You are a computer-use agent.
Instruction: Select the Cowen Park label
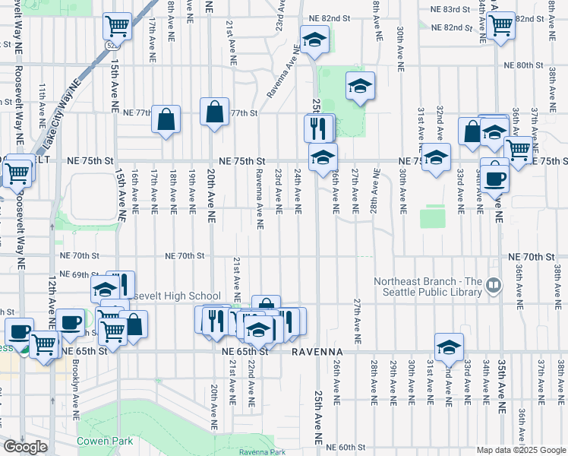(x=104, y=441)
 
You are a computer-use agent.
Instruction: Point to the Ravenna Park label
(x=261, y=451)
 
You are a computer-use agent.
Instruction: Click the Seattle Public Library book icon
(x=494, y=285)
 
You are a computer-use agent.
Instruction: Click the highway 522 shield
(x=111, y=46)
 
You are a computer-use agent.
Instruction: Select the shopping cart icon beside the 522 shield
(x=118, y=26)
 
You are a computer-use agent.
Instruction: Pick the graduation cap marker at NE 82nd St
(x=313, y=40)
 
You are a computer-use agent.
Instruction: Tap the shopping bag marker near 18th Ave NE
(x=166, y=119)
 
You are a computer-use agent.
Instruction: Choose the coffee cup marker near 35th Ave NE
(x=495, y=178)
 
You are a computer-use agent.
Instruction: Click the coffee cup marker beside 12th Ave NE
(x=71, y=321)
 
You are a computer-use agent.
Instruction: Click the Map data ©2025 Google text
(x=519, y=450)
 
